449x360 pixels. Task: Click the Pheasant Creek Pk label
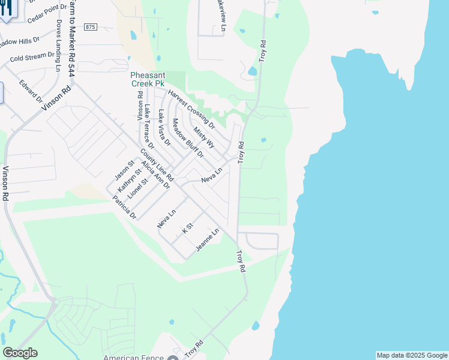148,79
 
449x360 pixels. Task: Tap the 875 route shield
90,27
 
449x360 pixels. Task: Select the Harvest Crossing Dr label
191,106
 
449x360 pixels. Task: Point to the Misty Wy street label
204,137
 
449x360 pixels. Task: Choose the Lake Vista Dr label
164,128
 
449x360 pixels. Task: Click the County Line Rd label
157,166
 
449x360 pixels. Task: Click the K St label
187,228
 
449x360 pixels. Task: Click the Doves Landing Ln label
59,46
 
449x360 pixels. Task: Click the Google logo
20,353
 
